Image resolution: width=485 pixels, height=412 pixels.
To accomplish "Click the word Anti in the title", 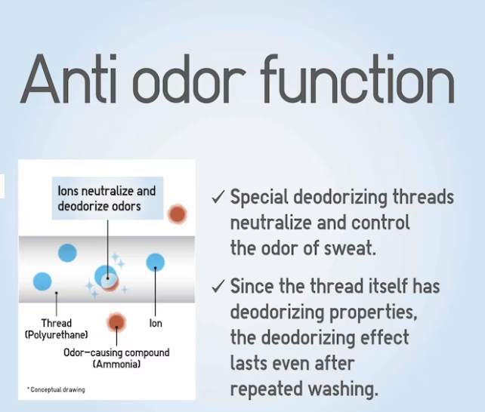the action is (68, 78).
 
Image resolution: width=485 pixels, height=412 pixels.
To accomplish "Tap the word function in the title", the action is (357, 78).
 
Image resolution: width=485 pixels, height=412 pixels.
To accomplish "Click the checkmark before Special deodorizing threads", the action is (218, 197).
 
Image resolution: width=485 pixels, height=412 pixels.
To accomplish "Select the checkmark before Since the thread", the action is (218, 286).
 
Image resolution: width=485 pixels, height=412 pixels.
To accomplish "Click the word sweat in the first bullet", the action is (350, 248).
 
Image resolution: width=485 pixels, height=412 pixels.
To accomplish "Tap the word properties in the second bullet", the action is (373, 312).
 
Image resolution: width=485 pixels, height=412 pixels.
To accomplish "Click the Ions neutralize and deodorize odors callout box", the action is (107, 198).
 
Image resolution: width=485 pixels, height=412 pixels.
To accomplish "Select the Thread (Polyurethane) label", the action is (57, 329).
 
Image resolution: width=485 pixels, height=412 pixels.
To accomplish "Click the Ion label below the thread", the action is (156, 324).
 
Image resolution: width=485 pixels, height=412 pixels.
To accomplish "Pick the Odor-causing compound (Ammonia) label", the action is (116, 358).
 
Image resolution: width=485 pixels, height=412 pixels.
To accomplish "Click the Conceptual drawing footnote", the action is (56, 390).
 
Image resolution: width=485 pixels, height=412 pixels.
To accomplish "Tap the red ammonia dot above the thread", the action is (178, 214).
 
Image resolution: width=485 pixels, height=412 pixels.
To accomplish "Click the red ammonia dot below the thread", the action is (116, 322).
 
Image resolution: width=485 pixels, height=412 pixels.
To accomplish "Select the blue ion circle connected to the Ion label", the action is (156, 263).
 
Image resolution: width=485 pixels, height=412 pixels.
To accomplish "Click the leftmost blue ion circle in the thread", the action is (42, 281).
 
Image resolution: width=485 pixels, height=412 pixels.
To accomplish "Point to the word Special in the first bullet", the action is (259, 197).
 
